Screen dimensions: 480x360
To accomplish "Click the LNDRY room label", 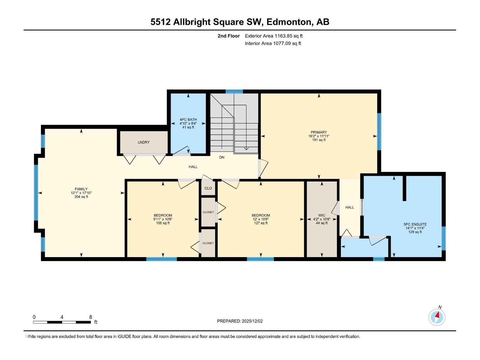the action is pos(144,142).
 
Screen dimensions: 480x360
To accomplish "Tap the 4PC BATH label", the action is pos(188,120).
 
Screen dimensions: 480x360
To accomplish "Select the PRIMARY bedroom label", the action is pos(319,132).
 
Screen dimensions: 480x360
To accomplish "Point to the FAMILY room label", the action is pos(81,189).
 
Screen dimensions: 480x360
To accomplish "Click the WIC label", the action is pos(322,215).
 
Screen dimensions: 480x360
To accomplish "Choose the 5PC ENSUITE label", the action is pos(415,224).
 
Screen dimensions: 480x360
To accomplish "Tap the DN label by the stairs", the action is pos(222,157).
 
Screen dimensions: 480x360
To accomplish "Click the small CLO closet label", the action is pos(208,188).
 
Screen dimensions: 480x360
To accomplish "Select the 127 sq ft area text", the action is pos(261,223).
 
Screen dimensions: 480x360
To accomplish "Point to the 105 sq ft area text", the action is pos(163,223).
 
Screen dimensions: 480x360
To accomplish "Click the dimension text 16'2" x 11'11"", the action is pos(319,136).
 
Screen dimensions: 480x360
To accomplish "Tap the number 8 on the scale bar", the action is pos(91,317).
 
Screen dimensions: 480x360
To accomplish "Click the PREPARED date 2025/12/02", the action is pos(252,321).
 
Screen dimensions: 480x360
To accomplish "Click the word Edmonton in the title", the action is pos(289,22).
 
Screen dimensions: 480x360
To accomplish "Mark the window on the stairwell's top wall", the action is pos(234,91).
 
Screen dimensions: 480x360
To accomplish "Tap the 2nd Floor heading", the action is pos(229,36).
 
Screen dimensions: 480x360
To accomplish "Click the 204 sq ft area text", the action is pos(81,197).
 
